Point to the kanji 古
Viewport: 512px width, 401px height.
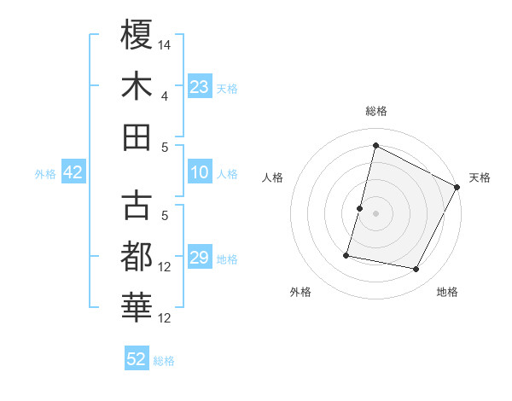[x=137, y=206]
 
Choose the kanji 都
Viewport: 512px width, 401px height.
[x=137, y=257]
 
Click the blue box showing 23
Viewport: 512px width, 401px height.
[x=200, y=87]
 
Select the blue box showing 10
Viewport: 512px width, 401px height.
[x=200, y=173]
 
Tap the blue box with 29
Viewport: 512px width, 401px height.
[x=200, y=259]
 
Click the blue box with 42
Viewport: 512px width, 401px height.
[x=73, y=173]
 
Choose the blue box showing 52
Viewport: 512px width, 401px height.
[x=137, y=359]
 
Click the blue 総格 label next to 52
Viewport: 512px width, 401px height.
[x=164, y=361]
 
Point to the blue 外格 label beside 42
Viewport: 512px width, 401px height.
[x=45, y=174]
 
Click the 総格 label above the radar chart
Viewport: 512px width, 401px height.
[x=375, y=111]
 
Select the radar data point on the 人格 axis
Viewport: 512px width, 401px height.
[x=360, y=208]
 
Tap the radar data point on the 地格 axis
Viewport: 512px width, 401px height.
[x=416, y=270]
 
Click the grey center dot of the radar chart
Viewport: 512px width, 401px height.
[x=375, y=213]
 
